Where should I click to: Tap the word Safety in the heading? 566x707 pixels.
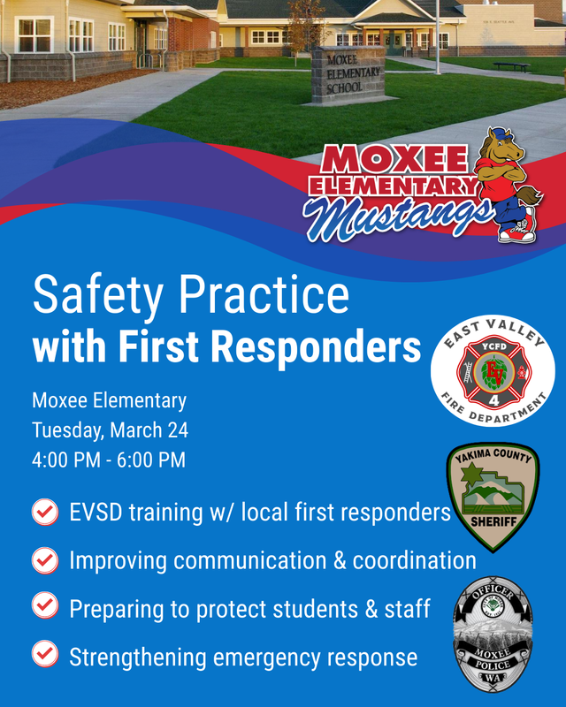(99, 296)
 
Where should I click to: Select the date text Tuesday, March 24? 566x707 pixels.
(111, 430)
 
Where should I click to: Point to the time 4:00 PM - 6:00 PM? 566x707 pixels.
(109, 460)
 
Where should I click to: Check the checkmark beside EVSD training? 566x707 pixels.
(44, 513)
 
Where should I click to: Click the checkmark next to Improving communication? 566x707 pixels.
(44, 560)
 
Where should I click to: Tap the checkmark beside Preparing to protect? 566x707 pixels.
(44, 607)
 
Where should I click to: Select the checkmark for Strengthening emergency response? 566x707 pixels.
(44, 656)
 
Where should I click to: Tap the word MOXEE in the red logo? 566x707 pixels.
(395, 160)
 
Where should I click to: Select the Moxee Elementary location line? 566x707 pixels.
(110, 400)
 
